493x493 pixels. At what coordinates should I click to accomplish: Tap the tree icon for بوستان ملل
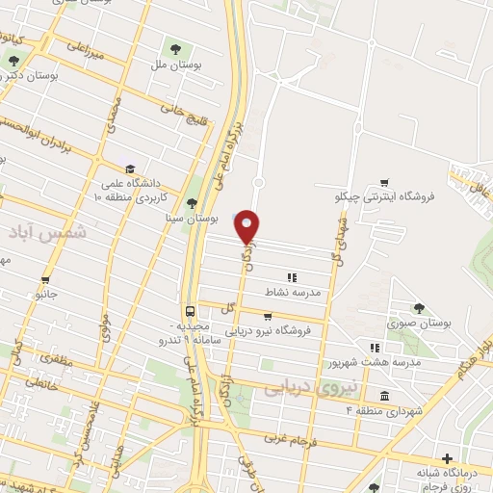(x=174, y=47)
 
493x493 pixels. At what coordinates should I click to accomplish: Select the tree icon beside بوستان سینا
(x=192, y=203)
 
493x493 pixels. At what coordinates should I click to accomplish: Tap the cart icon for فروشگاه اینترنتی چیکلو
(x=384, y=182)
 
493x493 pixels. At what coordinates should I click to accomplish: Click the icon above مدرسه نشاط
(x=291, y=277)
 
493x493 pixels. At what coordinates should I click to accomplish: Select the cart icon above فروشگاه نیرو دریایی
(x=267, y=316)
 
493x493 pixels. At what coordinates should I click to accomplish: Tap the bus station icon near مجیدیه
(x=190, y=311)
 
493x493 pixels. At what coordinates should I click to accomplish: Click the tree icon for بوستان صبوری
(x=418, y=308)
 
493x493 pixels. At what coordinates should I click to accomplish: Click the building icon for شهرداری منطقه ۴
(x=384, y=397)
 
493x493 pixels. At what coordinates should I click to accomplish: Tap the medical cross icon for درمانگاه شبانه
(x=446, y=459)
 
